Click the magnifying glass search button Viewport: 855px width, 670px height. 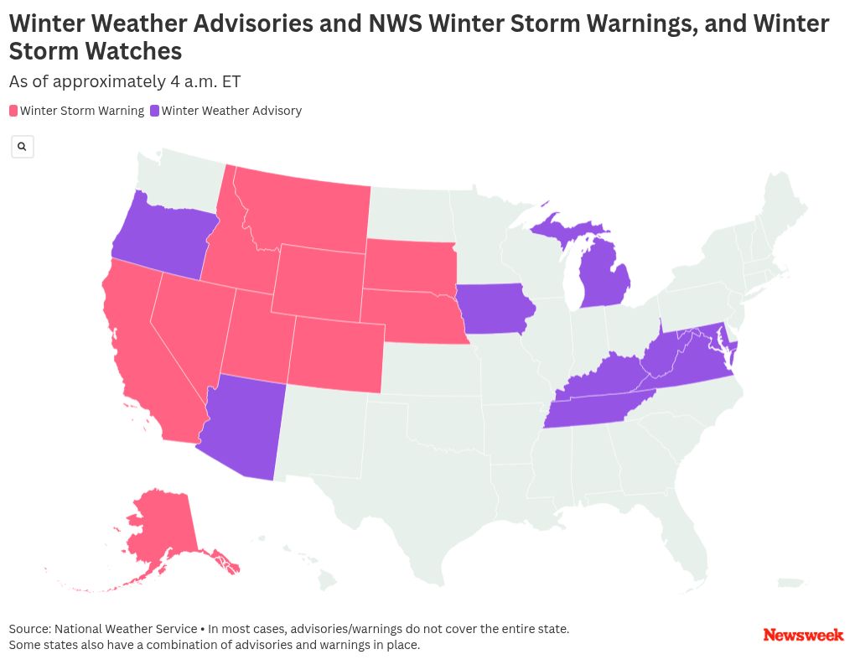coord(23,147)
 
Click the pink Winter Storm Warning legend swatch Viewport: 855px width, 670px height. coord(13,111)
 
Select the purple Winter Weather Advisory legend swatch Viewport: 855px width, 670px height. coord(154,111)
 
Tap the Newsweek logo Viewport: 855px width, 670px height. coord(802,635)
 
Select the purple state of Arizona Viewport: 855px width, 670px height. coord(242,428)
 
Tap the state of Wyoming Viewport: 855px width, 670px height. coord(319,281)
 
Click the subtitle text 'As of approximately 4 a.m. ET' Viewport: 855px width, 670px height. coord(125,81)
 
